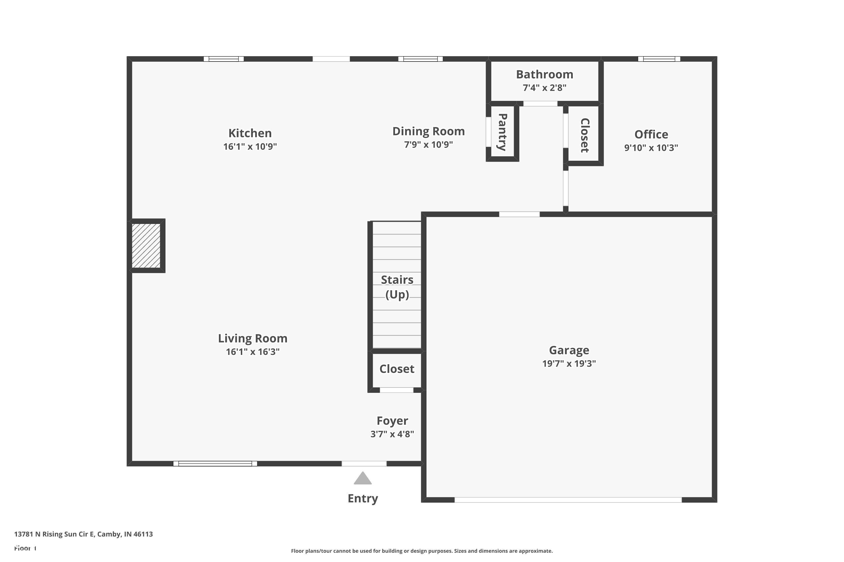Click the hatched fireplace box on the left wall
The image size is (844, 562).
pyautogui.click(x=146, y=246)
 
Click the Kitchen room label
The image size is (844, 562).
pyautogui.click(x=250, y=133)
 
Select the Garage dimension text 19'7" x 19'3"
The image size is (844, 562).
pyautogui.click(x=569, y=363)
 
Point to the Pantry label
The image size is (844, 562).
pyautogui.click(x=502, y=132)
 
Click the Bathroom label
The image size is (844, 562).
pyautogui.click(x=544, y=74)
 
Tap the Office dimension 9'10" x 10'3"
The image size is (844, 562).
pyautogui.click(x=651, y=148)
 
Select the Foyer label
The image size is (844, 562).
pyautogui.click(x=392, y=420)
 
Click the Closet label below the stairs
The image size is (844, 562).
pyautogui.click(x=396, y=369)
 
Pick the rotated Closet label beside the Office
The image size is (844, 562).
pyautogui.click(x=585, y=135)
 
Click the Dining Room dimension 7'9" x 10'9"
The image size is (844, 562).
pyautogui.click(x=428, y=144)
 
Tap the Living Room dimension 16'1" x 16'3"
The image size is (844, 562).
pyautogui.click(x=253, y=352)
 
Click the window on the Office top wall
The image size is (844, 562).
pyautogui.click(x=659, y=59)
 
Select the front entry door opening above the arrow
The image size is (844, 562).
pyautogui.click(x=364, y=463)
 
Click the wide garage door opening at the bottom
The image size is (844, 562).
pyautogui.click(x=568, y=500)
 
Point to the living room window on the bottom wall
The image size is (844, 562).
pyautogui.click(x=215, y=463)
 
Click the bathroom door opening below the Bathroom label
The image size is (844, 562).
pyautogui.click(x=540, y=104)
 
